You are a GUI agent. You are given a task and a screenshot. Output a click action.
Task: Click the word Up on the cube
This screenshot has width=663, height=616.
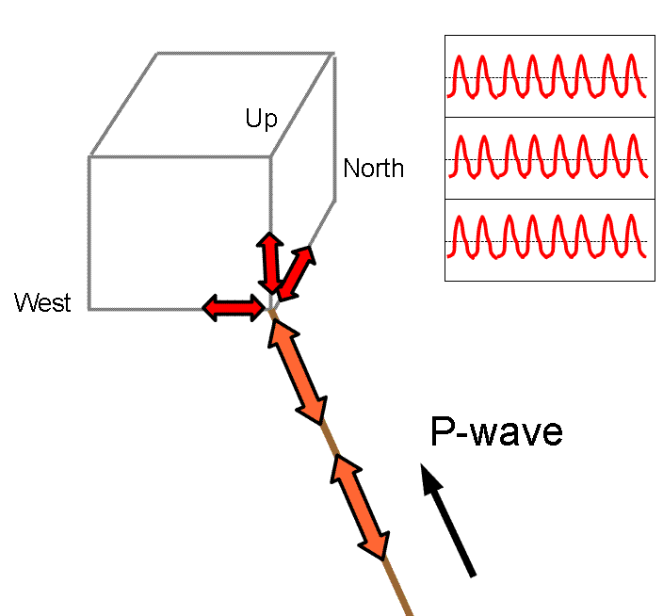(261, 119)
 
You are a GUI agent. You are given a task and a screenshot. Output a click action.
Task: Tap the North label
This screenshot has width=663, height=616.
(373, 169)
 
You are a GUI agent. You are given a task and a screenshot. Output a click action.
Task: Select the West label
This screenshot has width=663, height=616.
(42, 302)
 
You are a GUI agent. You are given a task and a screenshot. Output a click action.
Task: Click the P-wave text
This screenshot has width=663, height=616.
(495, 431)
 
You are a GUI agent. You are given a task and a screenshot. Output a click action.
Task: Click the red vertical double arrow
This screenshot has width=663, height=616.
(270, 262)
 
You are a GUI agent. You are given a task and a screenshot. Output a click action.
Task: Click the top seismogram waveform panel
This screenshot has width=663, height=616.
(549, 76)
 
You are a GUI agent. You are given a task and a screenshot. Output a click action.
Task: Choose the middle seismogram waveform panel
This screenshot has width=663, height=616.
(549, 158)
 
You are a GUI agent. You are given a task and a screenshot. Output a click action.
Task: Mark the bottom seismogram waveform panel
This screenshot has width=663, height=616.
(549, 240)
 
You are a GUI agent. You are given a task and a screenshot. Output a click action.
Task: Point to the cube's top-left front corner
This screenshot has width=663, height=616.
(89, 156)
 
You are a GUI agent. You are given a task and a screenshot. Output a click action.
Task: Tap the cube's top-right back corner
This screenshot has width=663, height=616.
(333, 53)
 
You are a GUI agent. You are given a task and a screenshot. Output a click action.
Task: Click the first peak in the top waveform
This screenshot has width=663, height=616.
(460, 58)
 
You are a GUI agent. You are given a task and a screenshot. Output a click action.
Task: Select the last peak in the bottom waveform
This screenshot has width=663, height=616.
(633, 221)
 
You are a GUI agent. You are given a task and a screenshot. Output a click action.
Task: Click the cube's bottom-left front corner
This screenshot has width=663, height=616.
(89, 309)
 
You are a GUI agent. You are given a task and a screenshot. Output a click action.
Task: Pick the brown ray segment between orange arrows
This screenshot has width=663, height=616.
(330, 439)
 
